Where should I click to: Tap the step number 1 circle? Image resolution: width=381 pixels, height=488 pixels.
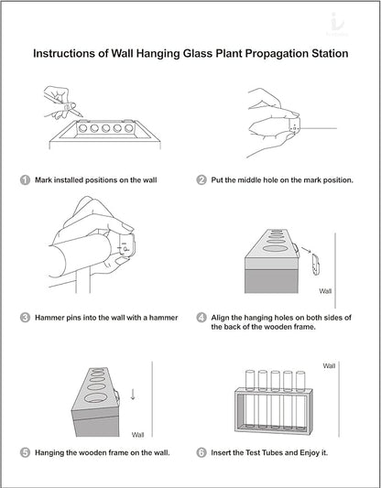(x=25, y=179)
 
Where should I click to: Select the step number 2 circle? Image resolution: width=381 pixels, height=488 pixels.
(x=201, y=179)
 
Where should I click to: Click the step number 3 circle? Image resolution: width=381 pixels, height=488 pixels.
(x=25, y=318)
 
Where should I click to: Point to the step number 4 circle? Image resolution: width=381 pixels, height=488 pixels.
(x=201, y=318)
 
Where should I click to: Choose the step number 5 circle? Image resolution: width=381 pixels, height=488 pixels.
(x=25, y=452)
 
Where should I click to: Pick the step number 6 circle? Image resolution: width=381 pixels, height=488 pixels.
(x=201, y=452)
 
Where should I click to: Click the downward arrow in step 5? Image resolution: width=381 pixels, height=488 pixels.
(x=133, y=394)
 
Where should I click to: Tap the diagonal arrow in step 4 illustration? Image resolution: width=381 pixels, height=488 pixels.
(x=306, y=250)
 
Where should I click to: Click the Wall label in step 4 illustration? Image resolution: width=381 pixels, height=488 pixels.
(x=325, y=291)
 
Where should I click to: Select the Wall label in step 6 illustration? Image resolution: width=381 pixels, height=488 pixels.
(x=329, y=365)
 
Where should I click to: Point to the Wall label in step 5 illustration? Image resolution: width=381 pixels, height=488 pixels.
(x=137, y=435)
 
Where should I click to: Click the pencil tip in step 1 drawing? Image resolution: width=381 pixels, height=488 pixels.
(x=82, y=115)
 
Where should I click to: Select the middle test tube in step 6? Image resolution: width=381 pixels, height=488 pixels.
(x=275, y=399)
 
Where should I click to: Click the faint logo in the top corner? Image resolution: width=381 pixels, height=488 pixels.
(x=337, y=25)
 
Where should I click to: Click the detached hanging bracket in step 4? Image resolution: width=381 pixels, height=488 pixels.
(x=315, y=265)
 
